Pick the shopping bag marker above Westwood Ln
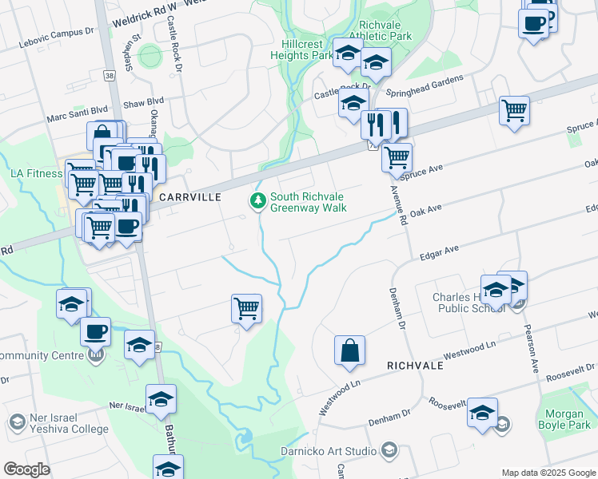pyautogui.click(x=350, y=350)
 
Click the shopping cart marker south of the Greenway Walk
pyautogui.click(x=247, y=307)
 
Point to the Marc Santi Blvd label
pyautogui.click(x=77, y=115)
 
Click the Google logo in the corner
pyautogui.click(x=26, y=469)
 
